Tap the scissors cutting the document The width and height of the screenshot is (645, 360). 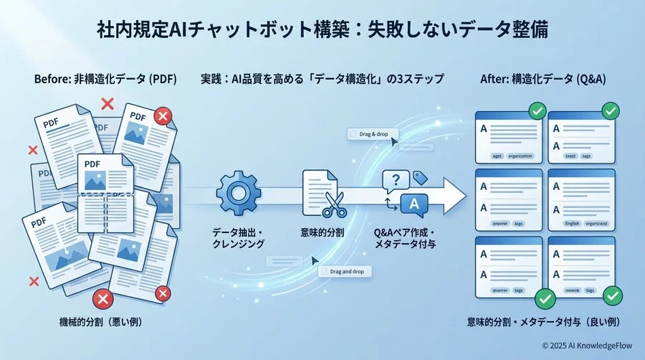pos(334,203)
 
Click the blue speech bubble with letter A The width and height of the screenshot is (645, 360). pos(413,206)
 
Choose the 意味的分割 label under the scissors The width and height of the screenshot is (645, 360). pos(322,232)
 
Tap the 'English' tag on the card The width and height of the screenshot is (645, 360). pos(572,223)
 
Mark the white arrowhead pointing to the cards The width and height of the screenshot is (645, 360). pos(451,194)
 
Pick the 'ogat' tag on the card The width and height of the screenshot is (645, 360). pos(496,156)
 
